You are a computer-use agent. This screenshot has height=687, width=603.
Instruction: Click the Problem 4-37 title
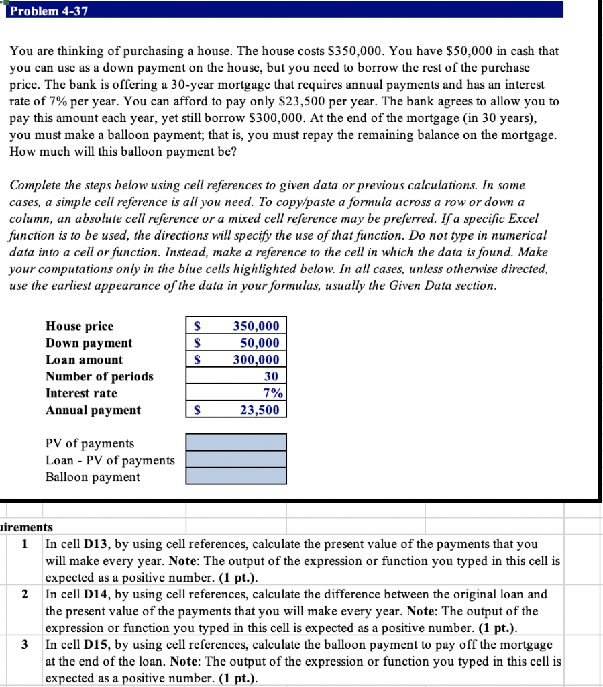coord(49,11)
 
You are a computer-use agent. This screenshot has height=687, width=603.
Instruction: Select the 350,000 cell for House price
coord(256,326)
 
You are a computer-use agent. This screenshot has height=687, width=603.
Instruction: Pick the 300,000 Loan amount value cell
coord(256,360)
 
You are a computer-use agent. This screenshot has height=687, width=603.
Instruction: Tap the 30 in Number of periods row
coord(271,376)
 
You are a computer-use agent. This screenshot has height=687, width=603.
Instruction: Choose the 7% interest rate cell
coord(272,393)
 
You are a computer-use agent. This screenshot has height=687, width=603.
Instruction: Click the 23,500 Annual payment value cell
coord(260,410)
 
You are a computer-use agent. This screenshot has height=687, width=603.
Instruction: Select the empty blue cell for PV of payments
coord(235,442)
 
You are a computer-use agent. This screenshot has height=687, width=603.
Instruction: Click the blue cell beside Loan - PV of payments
coord(235,459)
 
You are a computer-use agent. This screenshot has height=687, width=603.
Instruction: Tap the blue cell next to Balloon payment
coord(235,476)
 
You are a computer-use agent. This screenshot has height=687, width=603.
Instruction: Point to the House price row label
coord(79,326)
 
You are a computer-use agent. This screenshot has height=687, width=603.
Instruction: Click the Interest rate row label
coord(81,393)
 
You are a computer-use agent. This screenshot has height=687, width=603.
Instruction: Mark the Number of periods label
coord(99,376)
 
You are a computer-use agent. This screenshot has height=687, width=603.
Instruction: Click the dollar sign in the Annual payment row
coord(197,410)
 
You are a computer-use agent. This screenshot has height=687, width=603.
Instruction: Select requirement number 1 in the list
coord(25,544)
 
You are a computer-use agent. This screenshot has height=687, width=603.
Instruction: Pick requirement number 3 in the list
coord(25,645)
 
